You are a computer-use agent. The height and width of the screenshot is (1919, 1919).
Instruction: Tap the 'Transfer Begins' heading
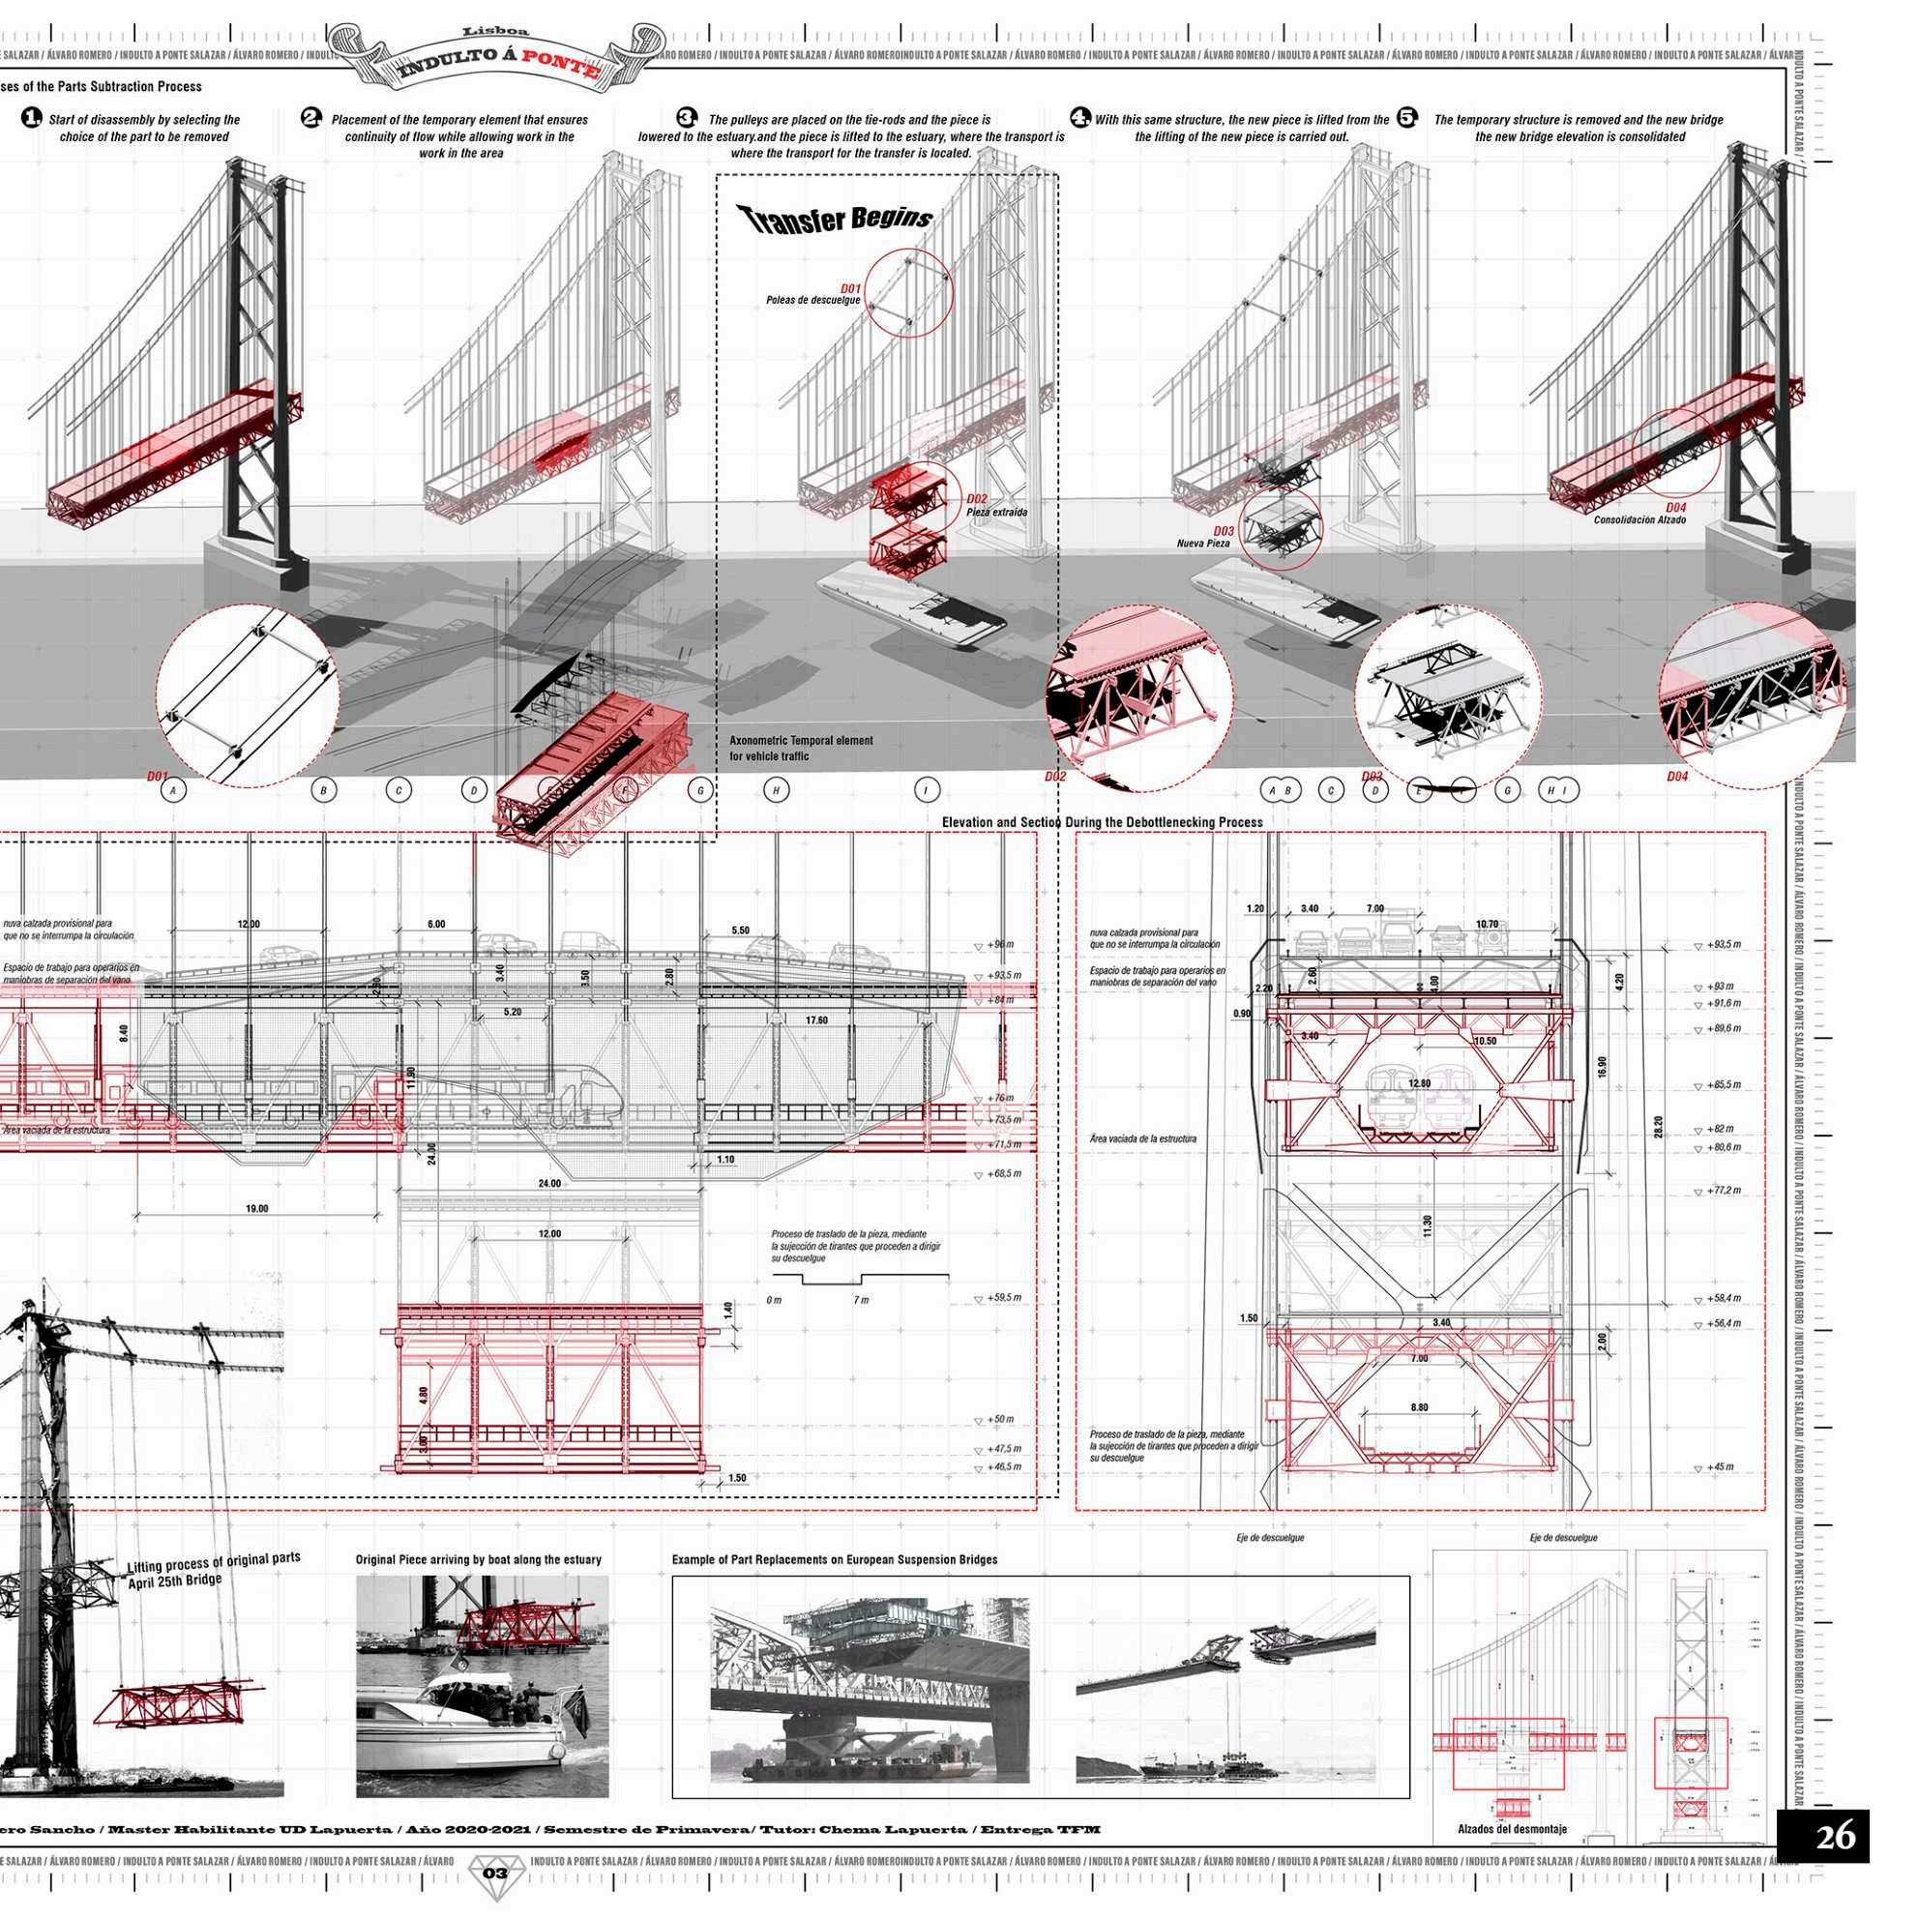tap(835, 218)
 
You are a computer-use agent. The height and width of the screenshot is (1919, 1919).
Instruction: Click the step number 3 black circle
tap(687, 117)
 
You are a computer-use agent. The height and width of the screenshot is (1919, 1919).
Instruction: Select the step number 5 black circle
tap(1407, 117)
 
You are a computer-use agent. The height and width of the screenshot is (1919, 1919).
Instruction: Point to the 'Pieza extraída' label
tap(996, 513)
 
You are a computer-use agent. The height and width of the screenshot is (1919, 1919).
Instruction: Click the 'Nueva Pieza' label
tap(1203, 544)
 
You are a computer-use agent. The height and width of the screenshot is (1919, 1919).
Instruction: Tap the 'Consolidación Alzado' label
tap(1639, 519)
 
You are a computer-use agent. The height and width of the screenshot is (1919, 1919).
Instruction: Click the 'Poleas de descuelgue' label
tap(812, 300)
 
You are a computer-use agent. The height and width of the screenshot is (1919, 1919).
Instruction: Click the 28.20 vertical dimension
tap(1658, 1128)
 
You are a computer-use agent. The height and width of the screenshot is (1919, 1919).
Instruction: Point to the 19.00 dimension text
tap(256, 1209)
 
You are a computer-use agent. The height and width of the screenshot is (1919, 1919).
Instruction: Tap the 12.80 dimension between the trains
tap(1419, 1082)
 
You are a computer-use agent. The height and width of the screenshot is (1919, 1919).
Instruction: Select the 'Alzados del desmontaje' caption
tap(1512, 1829)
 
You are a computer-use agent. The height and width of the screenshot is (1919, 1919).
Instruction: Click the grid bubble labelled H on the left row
tap(776, 790)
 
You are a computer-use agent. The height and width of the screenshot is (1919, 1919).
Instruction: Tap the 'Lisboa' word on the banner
tap(510, 32)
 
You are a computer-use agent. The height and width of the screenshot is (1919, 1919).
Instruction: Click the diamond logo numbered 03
tap(494, 1874)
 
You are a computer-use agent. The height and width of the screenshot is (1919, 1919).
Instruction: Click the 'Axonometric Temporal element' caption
tap(801, 741)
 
